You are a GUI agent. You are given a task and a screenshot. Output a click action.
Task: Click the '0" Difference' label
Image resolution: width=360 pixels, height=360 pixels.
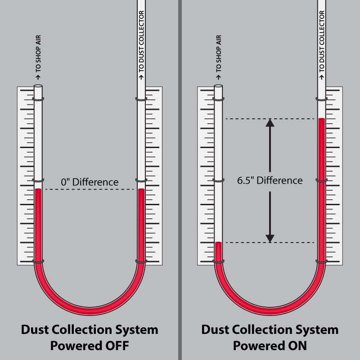point(90,182)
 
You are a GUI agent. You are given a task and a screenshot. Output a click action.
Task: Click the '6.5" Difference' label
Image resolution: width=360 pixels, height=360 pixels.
point(270,180)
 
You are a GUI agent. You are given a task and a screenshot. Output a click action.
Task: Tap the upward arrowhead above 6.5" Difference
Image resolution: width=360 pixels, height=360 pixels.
point(270,123)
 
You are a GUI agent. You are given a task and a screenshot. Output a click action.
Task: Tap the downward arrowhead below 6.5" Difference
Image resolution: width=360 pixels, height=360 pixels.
point(270,238)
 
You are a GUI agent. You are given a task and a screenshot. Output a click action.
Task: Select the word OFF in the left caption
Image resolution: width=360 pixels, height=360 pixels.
point(115,346)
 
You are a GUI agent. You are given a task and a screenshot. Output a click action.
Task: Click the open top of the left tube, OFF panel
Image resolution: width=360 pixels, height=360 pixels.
point(38,85)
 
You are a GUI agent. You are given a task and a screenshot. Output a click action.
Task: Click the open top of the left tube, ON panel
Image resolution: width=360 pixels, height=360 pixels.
point(219,85)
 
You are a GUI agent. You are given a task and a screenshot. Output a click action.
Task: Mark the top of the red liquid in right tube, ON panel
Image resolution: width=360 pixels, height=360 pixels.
point(321,119)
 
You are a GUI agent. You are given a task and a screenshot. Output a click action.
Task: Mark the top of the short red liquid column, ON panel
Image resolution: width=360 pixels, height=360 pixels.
point(218,243)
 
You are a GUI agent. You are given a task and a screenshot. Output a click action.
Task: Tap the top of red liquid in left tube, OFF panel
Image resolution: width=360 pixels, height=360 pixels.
point(38,190)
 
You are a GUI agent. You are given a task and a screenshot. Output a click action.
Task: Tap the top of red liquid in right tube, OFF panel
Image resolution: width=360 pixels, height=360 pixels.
point(141,190)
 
